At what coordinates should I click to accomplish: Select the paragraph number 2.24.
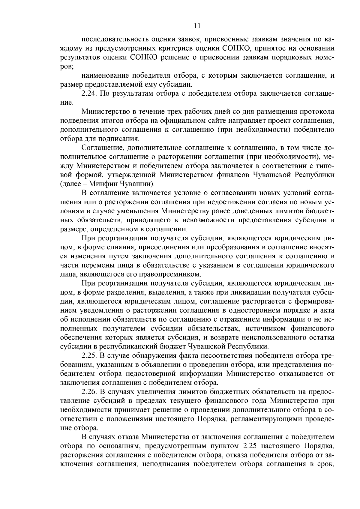[89, 94]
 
